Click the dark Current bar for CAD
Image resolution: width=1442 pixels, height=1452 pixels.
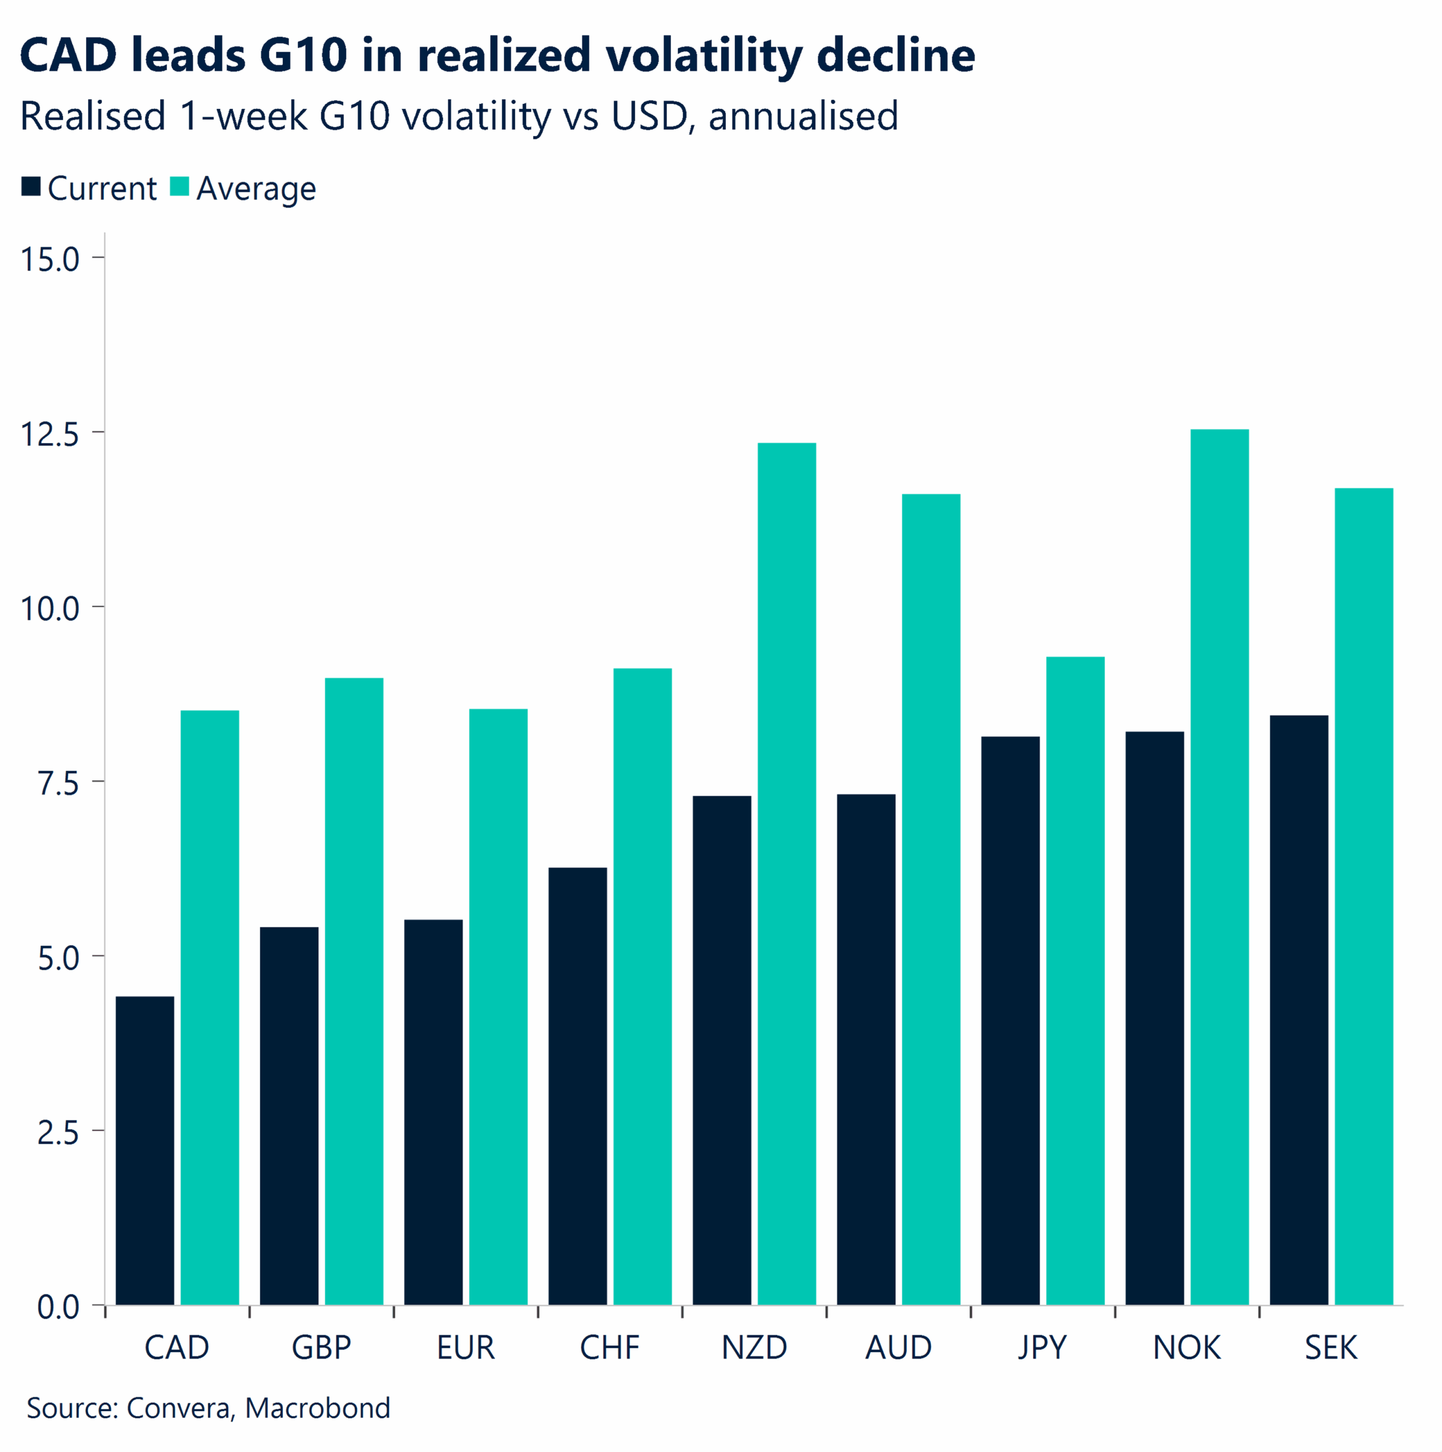[x=145, y=1150]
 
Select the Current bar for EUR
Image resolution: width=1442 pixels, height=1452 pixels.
[x=433, y=1112]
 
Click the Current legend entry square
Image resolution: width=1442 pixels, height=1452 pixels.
[x=31, y=187]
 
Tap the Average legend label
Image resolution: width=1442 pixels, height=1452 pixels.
[x=256, y=189]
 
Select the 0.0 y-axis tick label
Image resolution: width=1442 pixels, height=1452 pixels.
[x=58, y=1307]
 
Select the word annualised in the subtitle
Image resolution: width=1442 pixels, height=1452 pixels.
[x=802, y=116]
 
